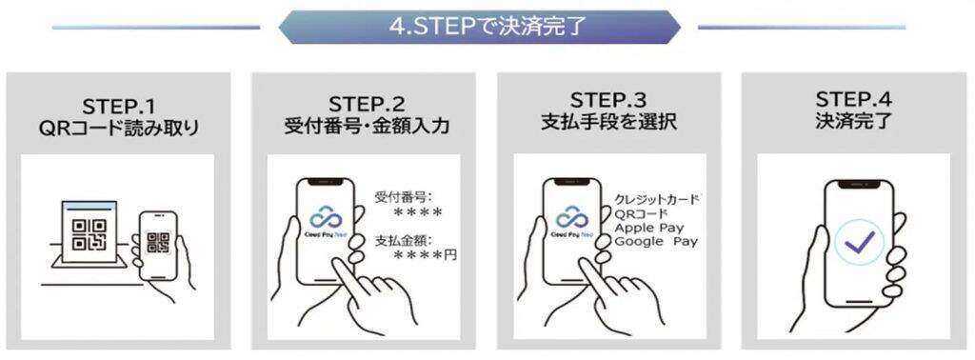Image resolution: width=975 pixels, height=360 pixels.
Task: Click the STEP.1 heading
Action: [x=118, y=106]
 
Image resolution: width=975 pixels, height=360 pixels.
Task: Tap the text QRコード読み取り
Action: [x=118, y=129]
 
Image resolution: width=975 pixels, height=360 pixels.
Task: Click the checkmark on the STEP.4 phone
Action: [x=860, y=241]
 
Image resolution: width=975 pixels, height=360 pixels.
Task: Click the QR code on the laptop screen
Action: [x=90, y=234]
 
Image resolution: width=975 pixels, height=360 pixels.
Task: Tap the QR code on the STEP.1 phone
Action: [x=158, y=243]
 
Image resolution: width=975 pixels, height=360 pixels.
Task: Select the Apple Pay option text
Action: [x=649, y=228]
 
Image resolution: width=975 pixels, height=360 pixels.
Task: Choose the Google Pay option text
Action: [x=656, y=242]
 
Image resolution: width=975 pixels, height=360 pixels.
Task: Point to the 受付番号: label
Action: [x=403, y=198]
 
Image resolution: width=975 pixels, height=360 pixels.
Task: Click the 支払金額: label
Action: [x=403, y=240]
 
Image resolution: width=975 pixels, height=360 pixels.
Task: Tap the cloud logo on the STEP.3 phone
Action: [x=571, y=215]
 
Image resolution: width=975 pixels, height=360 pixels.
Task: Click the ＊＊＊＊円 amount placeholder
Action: [x=426, y=255]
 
